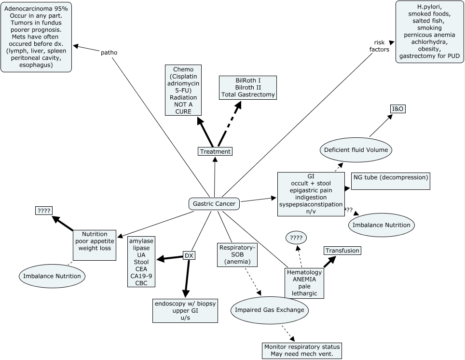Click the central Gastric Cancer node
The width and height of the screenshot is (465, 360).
214,204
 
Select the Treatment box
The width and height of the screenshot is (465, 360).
215,151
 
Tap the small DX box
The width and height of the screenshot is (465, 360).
189,255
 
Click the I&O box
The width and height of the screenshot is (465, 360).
397,109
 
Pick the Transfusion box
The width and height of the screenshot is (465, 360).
342,251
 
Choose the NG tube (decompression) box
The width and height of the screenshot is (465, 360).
390,177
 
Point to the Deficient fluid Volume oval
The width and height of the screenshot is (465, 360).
356,150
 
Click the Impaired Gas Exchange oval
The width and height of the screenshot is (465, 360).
269,310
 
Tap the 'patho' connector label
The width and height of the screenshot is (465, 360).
109,53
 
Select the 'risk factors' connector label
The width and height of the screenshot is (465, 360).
379,46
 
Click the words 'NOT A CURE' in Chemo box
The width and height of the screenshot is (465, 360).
183,108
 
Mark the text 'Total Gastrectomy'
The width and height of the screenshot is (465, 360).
248,94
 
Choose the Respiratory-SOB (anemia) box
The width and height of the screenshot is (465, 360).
237,254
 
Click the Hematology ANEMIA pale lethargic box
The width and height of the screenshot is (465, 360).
304,283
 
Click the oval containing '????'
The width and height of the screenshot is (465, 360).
296,237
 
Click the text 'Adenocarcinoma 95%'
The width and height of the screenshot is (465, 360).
36,9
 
